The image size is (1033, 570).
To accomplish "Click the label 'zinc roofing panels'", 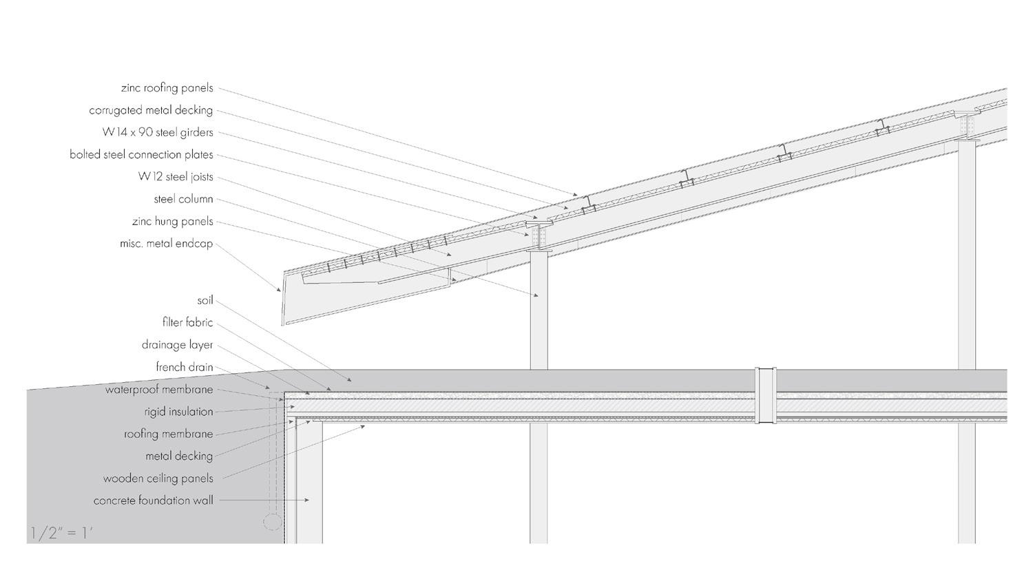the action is pyautogui.click(x=167, y=88).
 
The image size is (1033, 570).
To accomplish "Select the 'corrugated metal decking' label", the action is pyautogui.click(x=151, y=110).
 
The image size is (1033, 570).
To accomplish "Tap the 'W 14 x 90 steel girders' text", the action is pyautogui.click(x=157, y=132).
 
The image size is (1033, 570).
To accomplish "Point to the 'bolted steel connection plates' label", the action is pyautogui.click(x=141, y=155).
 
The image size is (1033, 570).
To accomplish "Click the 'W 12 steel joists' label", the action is pyautogui.click(x=176, y=177).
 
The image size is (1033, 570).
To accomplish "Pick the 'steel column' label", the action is pyautogui.click(x=183, y=199).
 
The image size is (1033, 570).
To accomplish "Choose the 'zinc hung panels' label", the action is pyautogui.click(x=172, y=222).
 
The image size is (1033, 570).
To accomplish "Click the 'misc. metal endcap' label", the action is pyautogui.click(x=166, y=244).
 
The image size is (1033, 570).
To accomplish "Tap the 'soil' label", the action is pyautogui.click(x=205, y=300).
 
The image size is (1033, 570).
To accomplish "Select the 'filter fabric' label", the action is pyautogui.click(x=187, y=322).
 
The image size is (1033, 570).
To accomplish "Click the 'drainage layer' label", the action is pyautogui.click(x=177, y=345).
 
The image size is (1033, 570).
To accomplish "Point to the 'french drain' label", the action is pyautogui.click(x=184, y=367).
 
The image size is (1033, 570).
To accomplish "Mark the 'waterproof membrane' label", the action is pyautogui.click(x=159, y=390).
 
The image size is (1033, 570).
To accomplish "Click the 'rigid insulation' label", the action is pyautogui.click(x=178, y=412).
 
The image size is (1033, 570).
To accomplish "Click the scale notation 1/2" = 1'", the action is pyautogui.click(x=61, y=533).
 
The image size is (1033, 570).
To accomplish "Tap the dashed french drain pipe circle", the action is pyautogui.click(x=273, y=522).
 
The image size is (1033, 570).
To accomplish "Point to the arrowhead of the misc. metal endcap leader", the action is pyautogui.click(x=280, y=290).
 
